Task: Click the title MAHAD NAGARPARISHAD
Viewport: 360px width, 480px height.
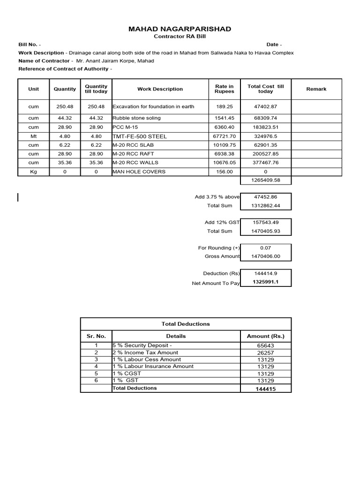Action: point(180,29)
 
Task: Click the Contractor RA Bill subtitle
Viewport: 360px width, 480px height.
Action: point(180,37)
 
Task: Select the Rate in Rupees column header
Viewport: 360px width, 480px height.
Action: point(224,89)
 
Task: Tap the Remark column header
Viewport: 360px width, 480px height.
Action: point(316,89)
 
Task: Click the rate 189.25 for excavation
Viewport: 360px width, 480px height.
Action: point(224,107)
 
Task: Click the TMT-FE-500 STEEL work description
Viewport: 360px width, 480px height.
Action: point(140,136)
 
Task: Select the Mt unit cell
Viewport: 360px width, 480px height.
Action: point(33,136)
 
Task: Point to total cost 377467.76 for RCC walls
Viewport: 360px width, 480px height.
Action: point(265,163)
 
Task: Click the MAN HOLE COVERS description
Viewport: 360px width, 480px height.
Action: point(139,172)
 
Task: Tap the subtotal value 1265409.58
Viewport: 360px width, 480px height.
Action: point(265,180)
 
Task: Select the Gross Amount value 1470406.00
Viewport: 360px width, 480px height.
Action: point(265,256)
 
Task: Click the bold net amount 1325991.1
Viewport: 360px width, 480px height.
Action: point(265,282)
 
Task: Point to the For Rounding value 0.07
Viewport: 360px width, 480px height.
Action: point(265,248)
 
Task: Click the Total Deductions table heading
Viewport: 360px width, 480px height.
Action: point(186,324)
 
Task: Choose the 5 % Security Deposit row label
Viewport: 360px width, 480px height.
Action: point(142,345)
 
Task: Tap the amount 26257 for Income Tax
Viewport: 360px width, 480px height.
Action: point(265,352)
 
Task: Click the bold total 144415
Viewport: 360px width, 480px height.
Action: point(265,389)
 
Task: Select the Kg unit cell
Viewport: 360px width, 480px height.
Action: point(33,172)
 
